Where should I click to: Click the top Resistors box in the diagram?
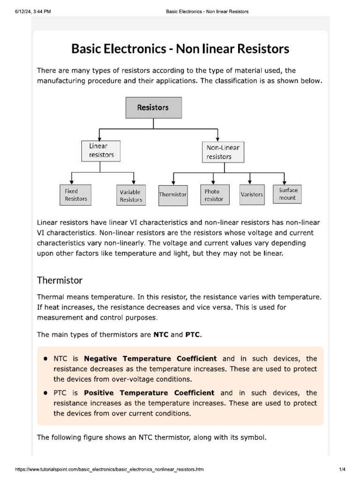pos(153,107)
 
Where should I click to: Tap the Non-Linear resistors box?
pos(223,152)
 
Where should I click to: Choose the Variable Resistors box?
pos(130,195)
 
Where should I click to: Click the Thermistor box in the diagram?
pos(173,194)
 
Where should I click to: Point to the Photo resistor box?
pos(214,195)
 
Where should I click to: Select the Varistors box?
pos(252,194)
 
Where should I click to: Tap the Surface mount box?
pos(288,194)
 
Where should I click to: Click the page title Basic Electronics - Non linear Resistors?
pos(180,49)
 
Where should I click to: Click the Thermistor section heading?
pos(60,280)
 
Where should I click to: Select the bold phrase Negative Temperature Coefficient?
pos(150,359)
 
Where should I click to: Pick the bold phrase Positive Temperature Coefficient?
pos(149,393)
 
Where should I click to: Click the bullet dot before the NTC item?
pos(45,359)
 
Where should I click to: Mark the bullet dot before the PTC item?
pos(45,393)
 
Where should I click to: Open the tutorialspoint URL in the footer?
pos(110,469)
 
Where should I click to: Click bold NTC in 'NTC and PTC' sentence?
pos(161,335)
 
